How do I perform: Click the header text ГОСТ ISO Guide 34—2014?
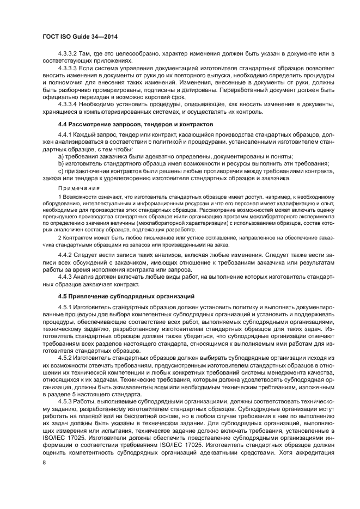80,36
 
